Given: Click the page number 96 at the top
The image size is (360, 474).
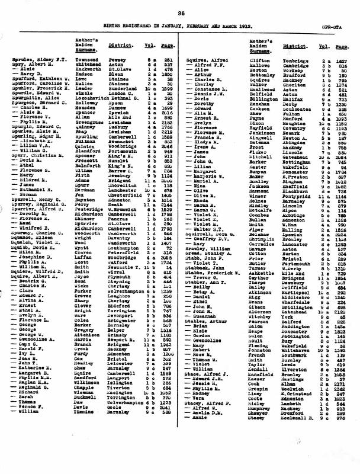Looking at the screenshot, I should [180, 12].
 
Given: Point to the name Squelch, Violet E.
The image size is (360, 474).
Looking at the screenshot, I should [31, 241].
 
